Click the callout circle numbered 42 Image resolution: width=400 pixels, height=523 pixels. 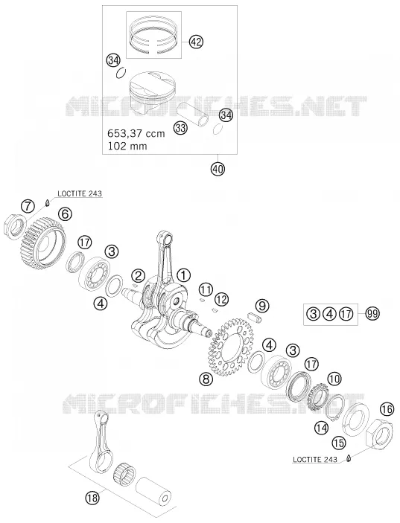(x=196, y=42)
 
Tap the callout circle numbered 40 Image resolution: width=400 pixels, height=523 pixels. (x=218, y=168)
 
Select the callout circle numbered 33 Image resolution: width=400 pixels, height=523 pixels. (x=180, y=128)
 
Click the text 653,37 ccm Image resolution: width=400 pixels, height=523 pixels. (x=136, y=133)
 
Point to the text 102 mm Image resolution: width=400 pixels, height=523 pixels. (x=127, y=146)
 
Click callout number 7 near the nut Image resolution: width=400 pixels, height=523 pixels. (x=28, y=207)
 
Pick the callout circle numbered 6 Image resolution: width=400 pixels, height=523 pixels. (x=65, y=214)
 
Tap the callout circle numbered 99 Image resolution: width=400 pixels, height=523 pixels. (x=372, y=313)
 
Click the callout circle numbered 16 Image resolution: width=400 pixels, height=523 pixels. (x=387, y=410)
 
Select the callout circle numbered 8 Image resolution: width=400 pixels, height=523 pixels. (x=206, y=379)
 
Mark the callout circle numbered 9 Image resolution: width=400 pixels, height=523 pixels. (x=262, y=305)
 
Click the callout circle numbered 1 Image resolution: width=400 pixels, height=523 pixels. (x=183, y=275)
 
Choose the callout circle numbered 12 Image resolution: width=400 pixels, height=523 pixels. (x=221, y=299)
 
